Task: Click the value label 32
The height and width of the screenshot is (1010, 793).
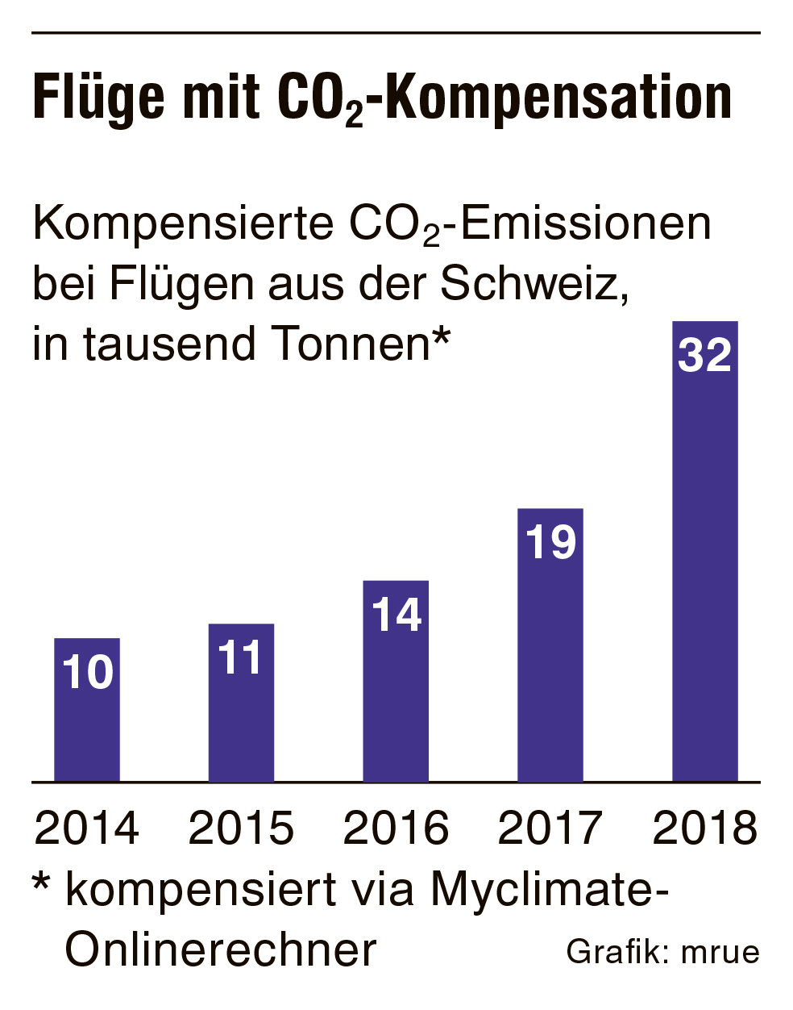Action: [x=705, y=355]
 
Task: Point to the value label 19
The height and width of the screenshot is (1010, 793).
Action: [x=550, y=542]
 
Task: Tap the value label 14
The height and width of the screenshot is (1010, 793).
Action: [x=396, y=615]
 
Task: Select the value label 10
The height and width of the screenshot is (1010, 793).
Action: [x=87, y=672]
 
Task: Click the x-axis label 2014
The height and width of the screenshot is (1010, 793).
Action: [x=87, y=828]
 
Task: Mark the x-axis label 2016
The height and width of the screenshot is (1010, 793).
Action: [x=396, y=828]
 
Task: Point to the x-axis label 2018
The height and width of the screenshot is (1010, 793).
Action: [x=705, y=828]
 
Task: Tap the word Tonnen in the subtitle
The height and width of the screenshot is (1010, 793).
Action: [x=350, y=344]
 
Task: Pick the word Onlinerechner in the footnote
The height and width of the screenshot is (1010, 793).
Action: [x=221, y=949]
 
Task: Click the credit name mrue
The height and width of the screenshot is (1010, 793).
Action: [x=720, y=952]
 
